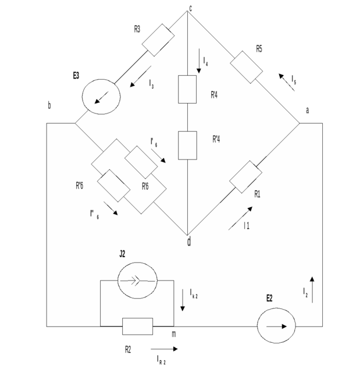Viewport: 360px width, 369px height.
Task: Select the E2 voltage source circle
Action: pyautogui.click(x=276, y=325)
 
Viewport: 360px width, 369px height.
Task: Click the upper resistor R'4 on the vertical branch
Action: pyautogui.click(x=188, y=90)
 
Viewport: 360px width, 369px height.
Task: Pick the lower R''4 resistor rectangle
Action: pyautogui.click(x=188, y=145)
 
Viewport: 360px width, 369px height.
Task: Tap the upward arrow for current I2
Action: pyautogui.click(x=312, y=289)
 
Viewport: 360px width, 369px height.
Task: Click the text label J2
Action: pyautogui.click(x=122, y=254)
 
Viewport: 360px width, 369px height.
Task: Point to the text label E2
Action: pyautogui.click(x=269, y=298)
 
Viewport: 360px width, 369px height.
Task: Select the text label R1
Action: pyautogui.click(x=257, y=194)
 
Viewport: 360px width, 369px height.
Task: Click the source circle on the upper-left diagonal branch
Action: pyautogui.click(x=100, y=95)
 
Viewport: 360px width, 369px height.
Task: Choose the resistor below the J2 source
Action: pyautogui.click(x=138, y=326)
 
